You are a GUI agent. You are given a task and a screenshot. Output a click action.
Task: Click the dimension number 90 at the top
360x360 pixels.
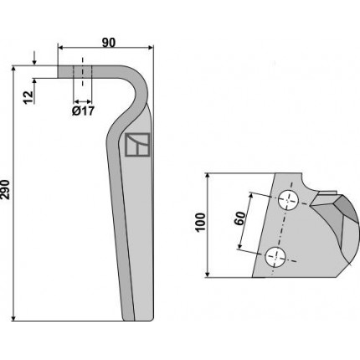109,43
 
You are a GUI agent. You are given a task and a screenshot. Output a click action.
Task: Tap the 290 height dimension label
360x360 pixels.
5,190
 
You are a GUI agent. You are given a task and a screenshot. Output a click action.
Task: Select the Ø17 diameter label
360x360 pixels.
83,111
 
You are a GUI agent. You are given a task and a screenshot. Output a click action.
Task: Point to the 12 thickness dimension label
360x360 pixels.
28,97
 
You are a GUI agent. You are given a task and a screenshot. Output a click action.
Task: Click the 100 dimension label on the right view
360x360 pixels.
200,222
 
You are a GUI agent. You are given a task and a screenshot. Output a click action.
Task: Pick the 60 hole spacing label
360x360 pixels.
240,219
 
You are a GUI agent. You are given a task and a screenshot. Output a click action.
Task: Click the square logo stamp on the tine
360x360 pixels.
137,145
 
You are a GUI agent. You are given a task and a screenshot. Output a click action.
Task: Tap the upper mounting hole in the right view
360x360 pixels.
289,200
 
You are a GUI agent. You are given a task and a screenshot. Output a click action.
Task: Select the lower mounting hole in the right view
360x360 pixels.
275,257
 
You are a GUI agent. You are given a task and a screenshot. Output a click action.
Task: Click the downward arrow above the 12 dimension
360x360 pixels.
34,58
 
